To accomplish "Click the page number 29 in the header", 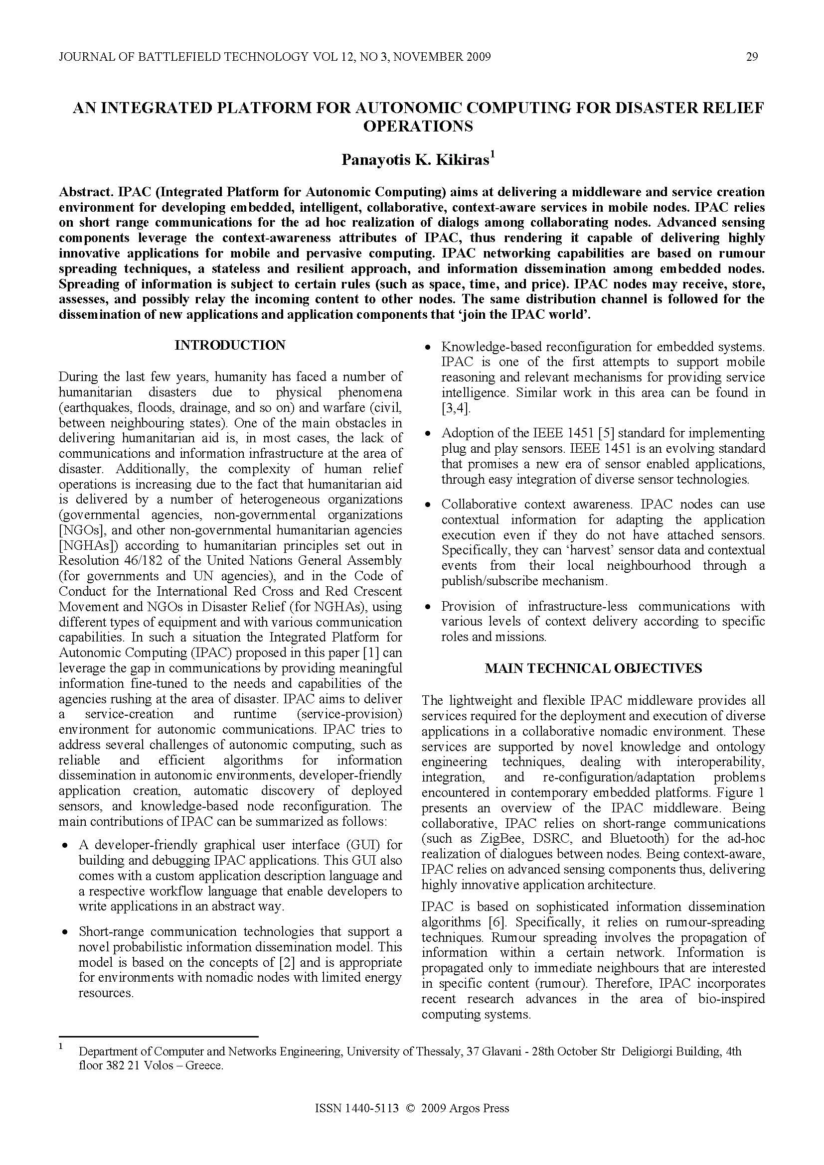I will (752, 57).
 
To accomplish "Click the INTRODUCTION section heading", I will (230, 345).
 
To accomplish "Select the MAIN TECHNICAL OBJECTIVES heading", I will (593, 668).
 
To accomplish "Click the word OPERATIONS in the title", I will (418, 126).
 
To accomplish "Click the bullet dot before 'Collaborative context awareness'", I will (429, 506).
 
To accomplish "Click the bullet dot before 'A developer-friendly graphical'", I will (65, 846).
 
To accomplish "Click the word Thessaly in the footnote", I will (437, 1051).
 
